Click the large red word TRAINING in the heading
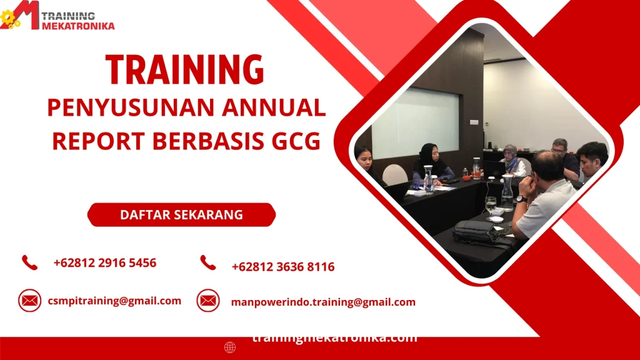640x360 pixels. point(184,69)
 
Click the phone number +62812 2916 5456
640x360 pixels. point(105,262)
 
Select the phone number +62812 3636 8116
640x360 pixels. point(282,267)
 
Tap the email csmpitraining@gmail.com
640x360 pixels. point(114,301)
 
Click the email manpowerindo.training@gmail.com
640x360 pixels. point(323,302)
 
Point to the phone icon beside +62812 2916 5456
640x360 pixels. point(29,262)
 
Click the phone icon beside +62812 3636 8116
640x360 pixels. point(208,263)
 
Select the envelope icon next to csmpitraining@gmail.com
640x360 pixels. point(29,301)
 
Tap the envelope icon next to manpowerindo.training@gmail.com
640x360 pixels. point(208,301)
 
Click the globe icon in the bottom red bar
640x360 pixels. point(230,347)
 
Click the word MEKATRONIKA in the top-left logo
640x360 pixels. point(78,26)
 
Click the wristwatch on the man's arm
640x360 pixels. point(521,199)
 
